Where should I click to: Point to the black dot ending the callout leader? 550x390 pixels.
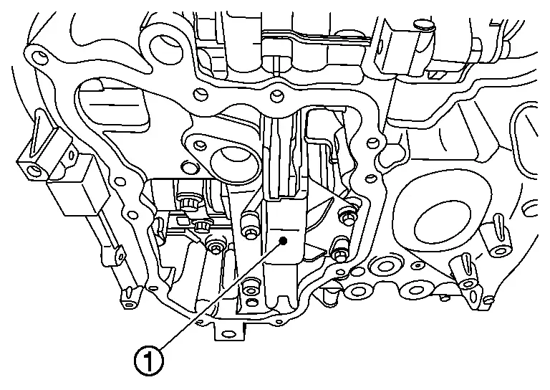coord(285,241)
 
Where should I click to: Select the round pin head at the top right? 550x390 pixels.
coord(423,27)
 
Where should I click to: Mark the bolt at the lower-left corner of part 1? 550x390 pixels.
coord(249,289)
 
